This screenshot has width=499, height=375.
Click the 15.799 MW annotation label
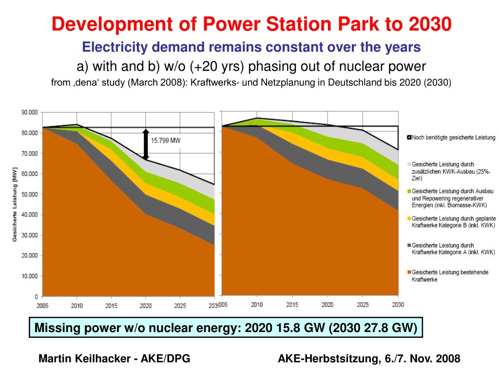[x=166, y=140]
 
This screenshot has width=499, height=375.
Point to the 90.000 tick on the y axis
[x=30, y=112]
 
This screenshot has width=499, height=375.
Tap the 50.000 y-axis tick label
[x=30, y=194]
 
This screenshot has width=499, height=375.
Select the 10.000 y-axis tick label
[x=30, y=276]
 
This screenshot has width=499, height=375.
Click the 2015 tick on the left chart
[x=112, y=306]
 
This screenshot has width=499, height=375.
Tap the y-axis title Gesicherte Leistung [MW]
[x=15, y=205]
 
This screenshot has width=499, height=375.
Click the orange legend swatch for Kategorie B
[x=409, y=218]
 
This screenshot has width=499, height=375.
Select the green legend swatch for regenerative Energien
[x=409, y=191]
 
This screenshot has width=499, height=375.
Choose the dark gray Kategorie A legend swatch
[x=409, y=245]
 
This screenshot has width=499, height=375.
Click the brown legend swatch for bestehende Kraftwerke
[x=409, y=272]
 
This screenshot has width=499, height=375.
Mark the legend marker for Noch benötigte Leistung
[x=409, y=138]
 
